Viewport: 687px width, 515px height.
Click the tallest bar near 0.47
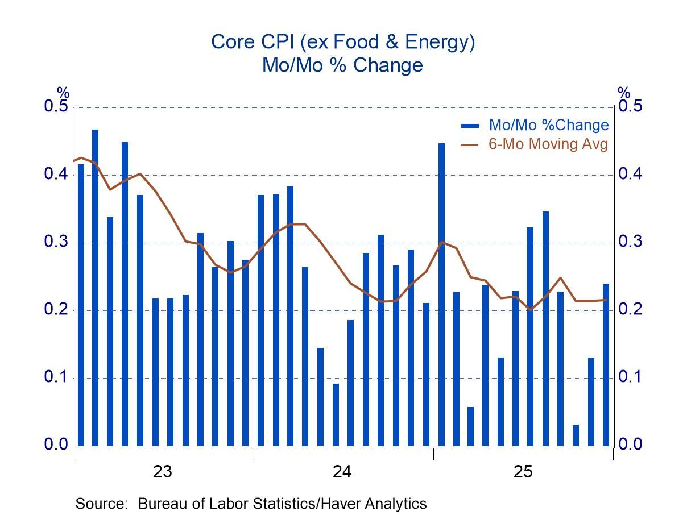[x=95, y=288]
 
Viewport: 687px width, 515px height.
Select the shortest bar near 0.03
[x=576, y=435]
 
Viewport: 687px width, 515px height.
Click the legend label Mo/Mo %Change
[x=548, y=125]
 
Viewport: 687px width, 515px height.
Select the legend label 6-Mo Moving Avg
[x=548, y=144]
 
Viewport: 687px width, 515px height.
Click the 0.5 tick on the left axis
[x=56, y=107]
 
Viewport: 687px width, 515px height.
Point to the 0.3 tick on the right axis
[x=630, y=242]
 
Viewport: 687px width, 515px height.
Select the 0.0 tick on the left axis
[x=56, y=445]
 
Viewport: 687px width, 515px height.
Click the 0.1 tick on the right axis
[x=630, y=377]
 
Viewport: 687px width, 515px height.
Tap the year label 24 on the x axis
[x=342, y=472]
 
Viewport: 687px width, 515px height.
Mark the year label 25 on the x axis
[x=523, y=472]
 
